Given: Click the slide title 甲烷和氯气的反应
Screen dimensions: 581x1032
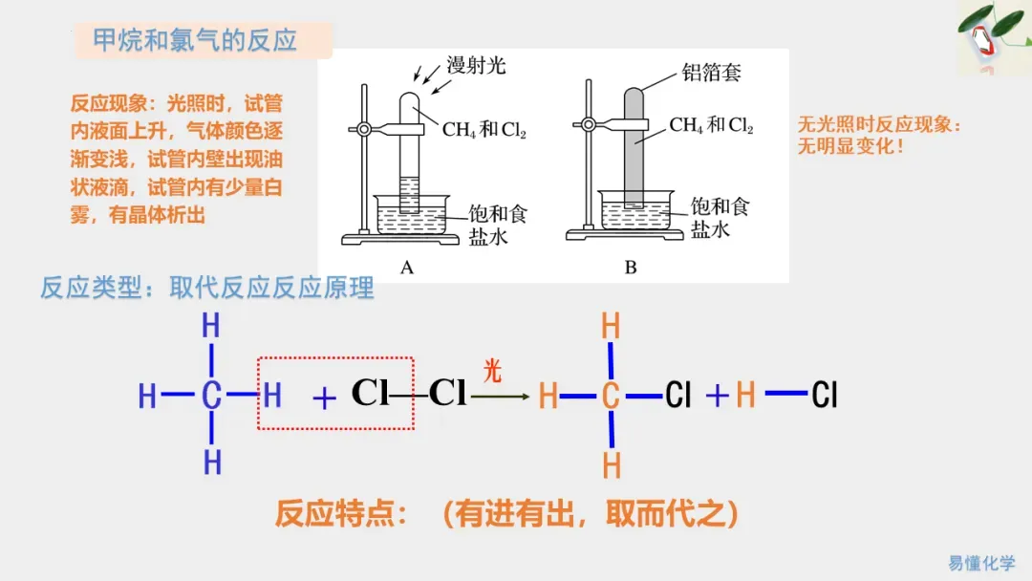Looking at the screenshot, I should [x=195, y=41].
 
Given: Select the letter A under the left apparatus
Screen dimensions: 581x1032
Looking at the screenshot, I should [x=407, y=268].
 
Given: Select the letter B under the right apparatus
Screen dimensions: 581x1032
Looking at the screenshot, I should [x=631, y=268].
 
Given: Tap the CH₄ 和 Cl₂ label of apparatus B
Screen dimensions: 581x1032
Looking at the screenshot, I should [x=710, y=125].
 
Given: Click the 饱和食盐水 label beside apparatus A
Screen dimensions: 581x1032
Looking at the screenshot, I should [x=497, y=223].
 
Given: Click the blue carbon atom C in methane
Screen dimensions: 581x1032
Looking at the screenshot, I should [x=211, y=395].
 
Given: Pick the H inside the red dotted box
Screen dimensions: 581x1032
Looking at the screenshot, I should [x=272, y=395].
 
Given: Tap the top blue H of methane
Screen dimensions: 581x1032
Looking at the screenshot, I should [x=211, y=326].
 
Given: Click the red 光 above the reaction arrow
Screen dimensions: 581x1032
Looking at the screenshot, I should [x=492, y=371].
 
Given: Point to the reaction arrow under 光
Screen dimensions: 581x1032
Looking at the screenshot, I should [x=501, y=395].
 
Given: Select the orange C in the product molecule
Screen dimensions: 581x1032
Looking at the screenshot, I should [x=611, y=395].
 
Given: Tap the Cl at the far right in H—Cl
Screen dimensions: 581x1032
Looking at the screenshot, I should [x=824, y=395].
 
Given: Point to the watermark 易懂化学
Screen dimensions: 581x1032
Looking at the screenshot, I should [x=981, y=563].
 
